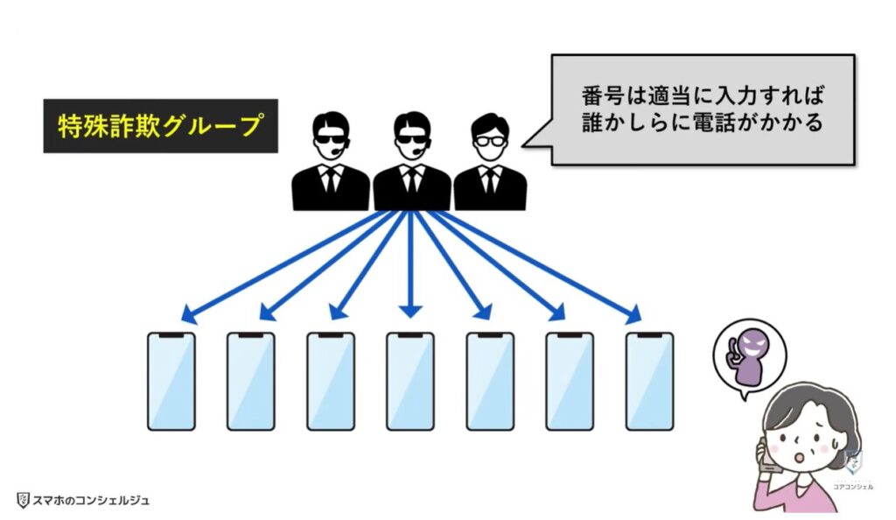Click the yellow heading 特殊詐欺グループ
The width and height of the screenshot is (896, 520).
pyautogui.click(x=159, y=126)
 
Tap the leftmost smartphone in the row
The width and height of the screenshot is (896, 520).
pyautogui.click(x=171, y=381)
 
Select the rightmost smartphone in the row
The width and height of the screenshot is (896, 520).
pyautogui.click(x=649, y=381)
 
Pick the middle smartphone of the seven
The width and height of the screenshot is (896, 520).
pyautogui.click(x=410, y=381)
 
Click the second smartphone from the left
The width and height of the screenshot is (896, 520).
pyautogui.click(x=251, y=381)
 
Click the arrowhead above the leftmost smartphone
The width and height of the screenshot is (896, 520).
pyautogui.click(x=188, y=314)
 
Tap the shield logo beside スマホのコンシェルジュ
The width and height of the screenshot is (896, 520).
pyautogui.click(x=24, y=501)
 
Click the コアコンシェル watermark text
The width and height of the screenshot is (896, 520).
pyautogui.click(x=852, y=486)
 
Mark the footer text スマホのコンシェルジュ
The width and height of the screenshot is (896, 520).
pyautogui.click(x=91, y=501)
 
